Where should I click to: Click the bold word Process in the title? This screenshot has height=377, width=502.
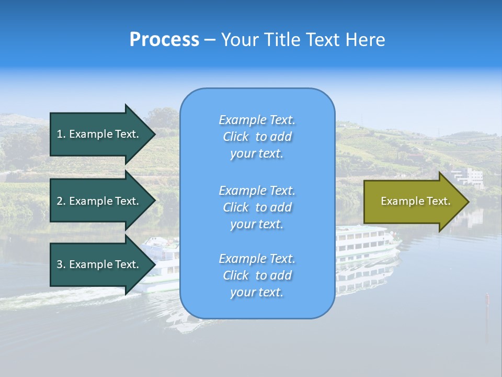coord(164,40)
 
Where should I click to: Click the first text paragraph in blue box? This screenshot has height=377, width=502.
coord(257,137)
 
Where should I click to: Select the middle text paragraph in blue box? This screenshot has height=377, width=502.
coord(257,207)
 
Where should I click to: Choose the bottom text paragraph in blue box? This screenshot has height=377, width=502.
coord(257,275)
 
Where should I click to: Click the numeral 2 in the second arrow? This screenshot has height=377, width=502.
coord(60,201)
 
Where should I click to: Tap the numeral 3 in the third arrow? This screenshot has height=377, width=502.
coord(60,264)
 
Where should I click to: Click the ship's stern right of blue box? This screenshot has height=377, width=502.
coord(366,243)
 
